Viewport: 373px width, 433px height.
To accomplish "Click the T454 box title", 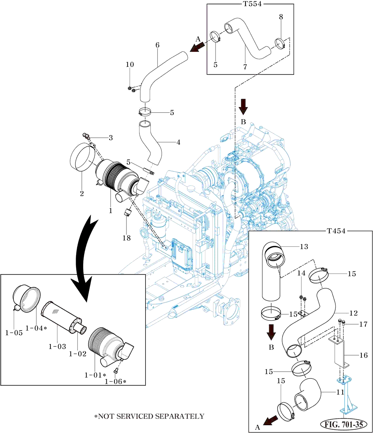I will (336, 231).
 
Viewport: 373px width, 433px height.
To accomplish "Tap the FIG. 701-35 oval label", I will (344, 424).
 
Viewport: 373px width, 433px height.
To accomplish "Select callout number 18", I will (126, 238).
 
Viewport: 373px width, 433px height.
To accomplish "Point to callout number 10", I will (130, 64).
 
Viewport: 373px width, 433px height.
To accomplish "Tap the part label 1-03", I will (57, 346).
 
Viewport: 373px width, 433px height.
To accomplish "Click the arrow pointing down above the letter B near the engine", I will (243, 106).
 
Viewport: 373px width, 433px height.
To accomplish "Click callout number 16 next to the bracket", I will (363, 355).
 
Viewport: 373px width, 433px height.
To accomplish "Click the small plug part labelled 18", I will (127, 213).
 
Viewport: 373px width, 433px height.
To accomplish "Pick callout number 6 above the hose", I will (157, 45).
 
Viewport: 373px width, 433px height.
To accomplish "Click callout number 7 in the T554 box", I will (245, 66).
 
